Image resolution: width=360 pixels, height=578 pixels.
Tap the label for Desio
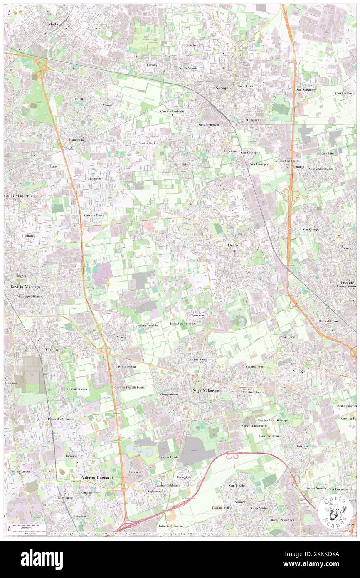point(233,245)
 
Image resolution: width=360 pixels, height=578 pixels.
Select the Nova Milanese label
point(205,390)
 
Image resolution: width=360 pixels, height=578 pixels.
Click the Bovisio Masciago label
point(26,287)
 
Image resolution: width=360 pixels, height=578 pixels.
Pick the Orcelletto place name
point(188,45)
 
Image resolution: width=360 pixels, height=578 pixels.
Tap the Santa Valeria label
point(188,68)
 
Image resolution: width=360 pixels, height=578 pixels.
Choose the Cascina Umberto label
point(172,111)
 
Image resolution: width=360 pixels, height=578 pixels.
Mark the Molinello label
point(94,178)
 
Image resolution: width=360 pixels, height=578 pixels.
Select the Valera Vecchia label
point(147,325)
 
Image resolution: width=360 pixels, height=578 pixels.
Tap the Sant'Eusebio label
point(237,486)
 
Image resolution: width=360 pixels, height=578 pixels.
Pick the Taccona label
point(302,446)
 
